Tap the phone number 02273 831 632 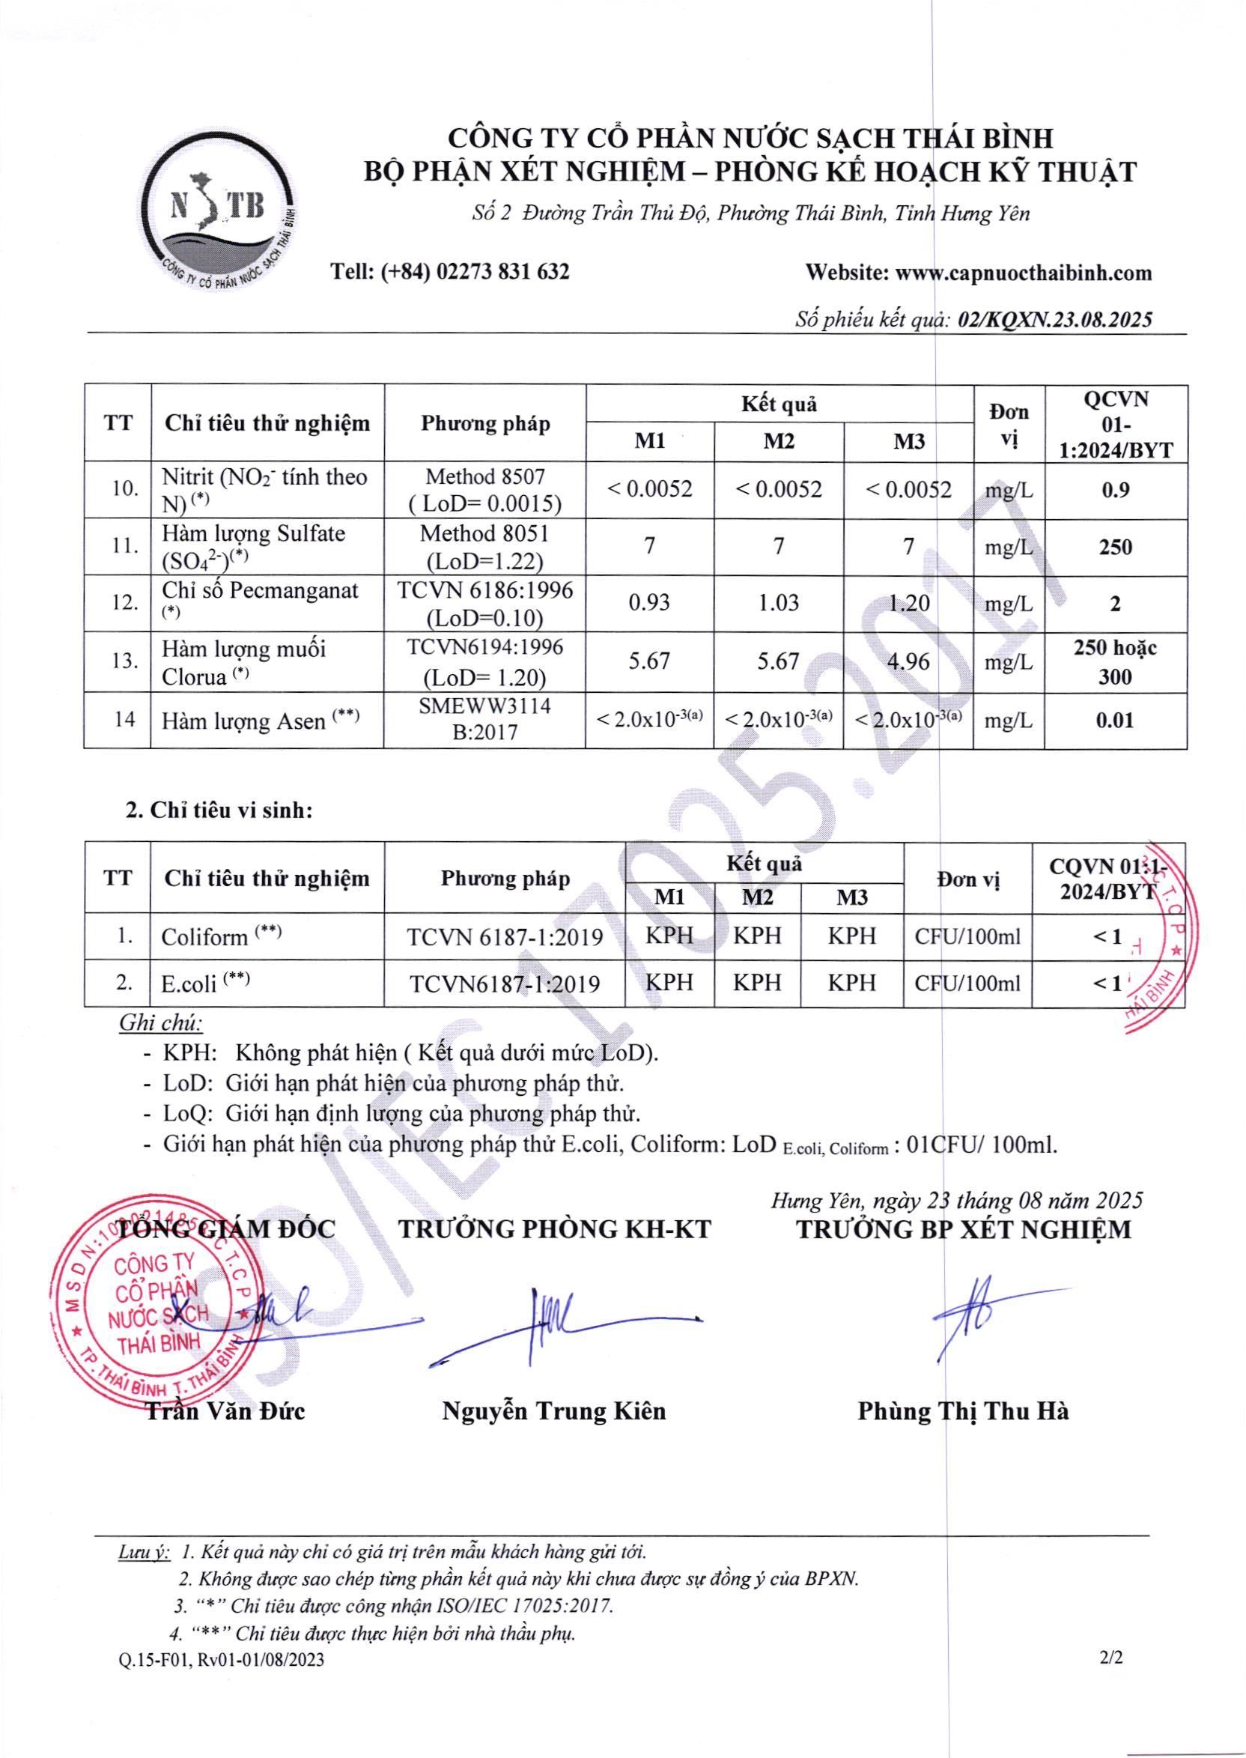click(x=502, y=272)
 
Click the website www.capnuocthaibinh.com click(x=1024, y=273)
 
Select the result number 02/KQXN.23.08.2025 click(x=1055, y=320)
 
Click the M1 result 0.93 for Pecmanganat click(x=649, y=603)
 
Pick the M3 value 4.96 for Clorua click(x=908, y=661)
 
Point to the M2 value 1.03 click(x=778, y=603)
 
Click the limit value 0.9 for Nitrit click(x=1115, y=490)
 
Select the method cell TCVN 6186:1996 click(x=485, y=590)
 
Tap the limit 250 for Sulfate click(x=1115, y=547)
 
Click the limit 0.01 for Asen click(x=1115, y=720)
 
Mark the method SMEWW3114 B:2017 click(x=485, y=719)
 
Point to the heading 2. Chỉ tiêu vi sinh click(x=219, y=810)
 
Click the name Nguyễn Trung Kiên click(x=554, y=1411)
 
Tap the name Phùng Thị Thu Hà click(x=963, y=1411)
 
